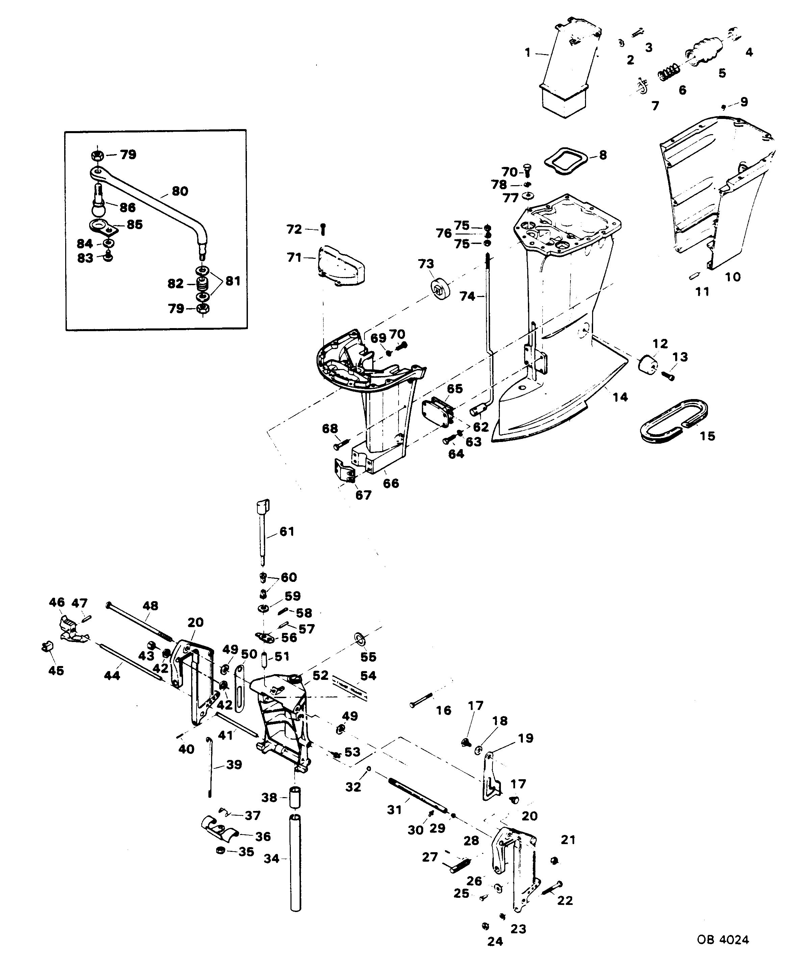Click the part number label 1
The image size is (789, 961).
click(x=527, y=53)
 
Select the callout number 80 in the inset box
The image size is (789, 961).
click(x=180, y=191)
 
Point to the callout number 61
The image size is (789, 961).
click(x=287, y=532)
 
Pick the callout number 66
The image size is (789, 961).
click(x=391, y=483)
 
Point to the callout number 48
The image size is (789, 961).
click(x=150, y=606)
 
